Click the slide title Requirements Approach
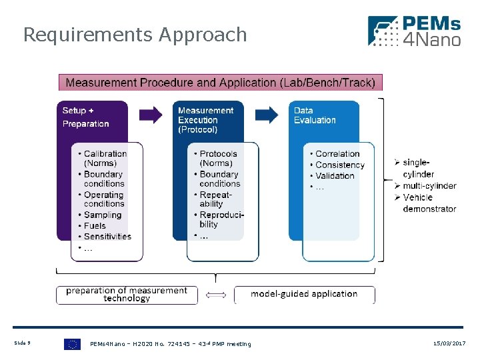135,35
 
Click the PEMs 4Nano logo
414,32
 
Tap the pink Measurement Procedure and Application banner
221,83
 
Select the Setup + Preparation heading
85,117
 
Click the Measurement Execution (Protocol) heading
205,120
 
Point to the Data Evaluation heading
315,115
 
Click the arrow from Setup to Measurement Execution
151,115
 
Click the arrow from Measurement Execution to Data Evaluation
267,115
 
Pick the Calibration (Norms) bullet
105,159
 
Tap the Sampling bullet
103,215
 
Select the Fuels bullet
95,225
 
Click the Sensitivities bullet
107,236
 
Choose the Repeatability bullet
215,199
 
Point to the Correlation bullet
337,154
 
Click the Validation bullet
335,176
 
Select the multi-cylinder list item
429,186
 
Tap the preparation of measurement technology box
127,295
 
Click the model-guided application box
304,294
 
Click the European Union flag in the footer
72,344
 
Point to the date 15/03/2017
449,343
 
